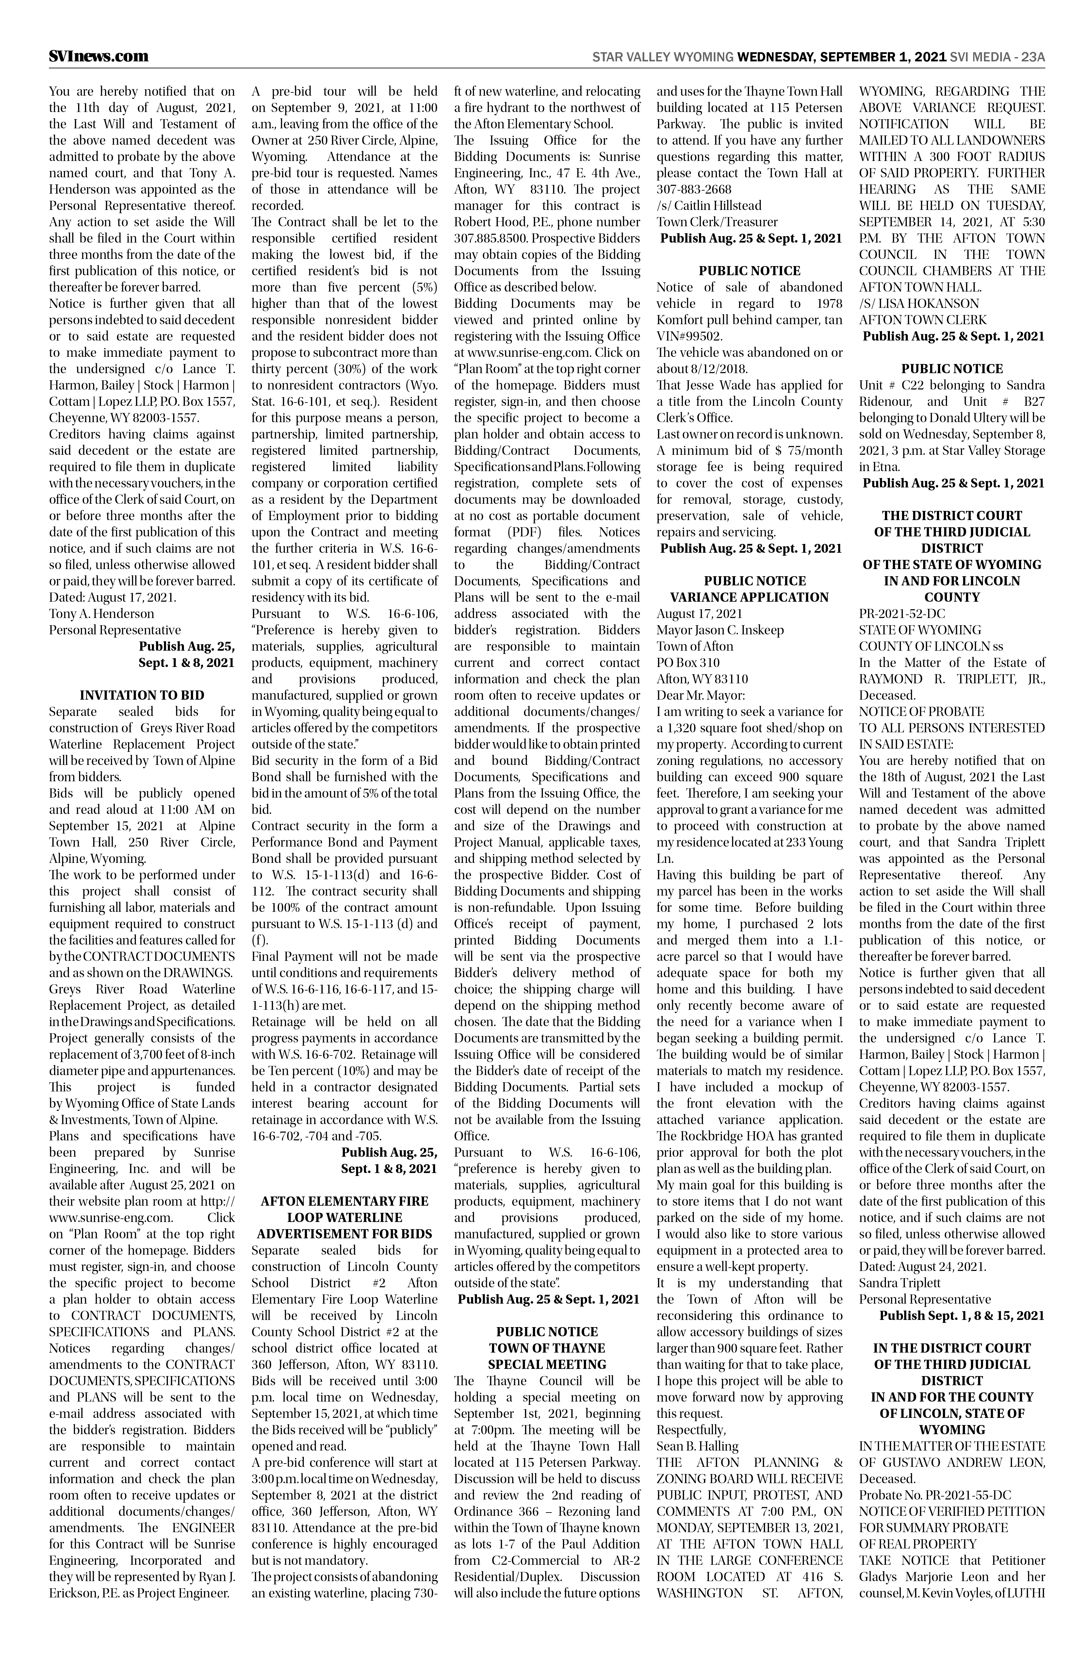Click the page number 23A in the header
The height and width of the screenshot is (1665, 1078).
[1033, 57]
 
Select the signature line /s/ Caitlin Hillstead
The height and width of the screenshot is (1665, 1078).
[709, 205]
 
